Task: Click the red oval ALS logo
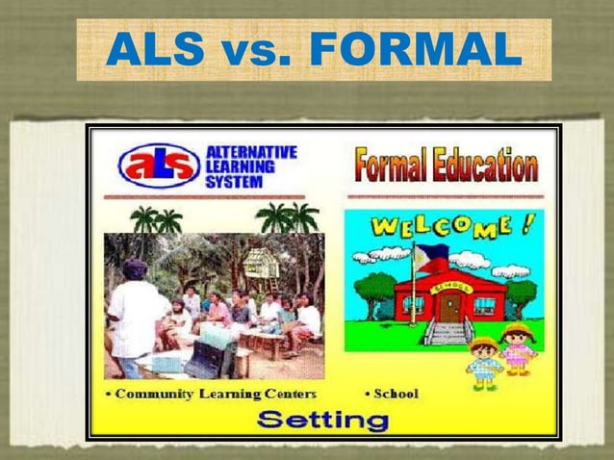[159, 165]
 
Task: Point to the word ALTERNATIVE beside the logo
[252, 152]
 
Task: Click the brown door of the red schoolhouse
[450, 307]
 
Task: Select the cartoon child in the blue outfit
[484, 362]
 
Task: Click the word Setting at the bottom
[322, 420]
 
